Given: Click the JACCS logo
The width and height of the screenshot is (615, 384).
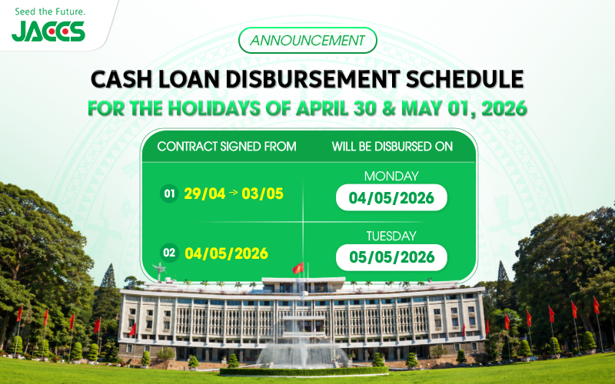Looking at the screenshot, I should (48, 31).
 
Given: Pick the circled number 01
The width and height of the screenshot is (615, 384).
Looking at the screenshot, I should (170, 194).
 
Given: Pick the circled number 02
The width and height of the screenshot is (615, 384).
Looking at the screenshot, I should (170, 252).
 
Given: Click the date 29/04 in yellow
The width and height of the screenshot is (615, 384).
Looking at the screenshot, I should (204, 194).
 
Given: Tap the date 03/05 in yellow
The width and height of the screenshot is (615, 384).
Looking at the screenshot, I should (263, 194).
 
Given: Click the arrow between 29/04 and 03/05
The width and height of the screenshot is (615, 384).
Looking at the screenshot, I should (234, 194).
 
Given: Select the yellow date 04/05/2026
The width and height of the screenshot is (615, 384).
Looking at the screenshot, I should (226, 252).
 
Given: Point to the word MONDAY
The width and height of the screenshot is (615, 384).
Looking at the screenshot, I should (392, 176).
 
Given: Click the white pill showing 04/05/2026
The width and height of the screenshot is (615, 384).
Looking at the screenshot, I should (392, 198).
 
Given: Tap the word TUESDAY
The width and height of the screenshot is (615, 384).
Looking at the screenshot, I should (392, 236).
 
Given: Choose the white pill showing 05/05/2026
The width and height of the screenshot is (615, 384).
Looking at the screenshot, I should (392, 257).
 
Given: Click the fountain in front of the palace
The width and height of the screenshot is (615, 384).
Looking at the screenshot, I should (304, 349).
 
